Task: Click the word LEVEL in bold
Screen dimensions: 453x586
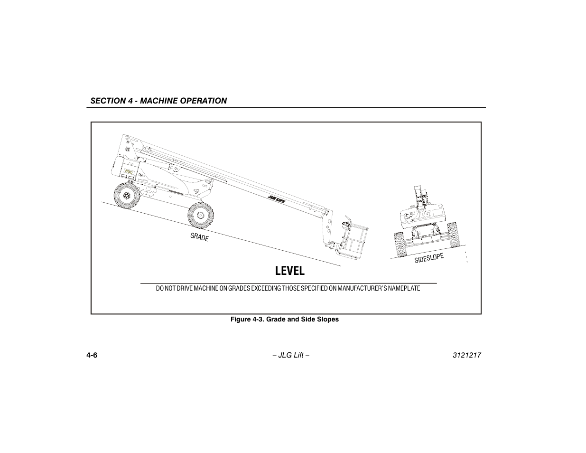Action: point(289,271)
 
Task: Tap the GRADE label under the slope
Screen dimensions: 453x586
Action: point(199,237)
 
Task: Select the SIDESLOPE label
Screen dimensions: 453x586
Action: point(429,258)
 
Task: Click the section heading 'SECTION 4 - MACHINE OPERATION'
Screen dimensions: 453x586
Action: point(159,101)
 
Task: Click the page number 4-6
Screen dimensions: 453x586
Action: point(92,356)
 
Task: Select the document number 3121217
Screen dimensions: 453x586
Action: point(467,356)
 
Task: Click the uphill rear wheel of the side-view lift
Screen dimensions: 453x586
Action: point(127,196)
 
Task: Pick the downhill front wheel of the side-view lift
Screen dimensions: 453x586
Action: point(200,216)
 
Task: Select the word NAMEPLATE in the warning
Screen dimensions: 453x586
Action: point(404,288)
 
